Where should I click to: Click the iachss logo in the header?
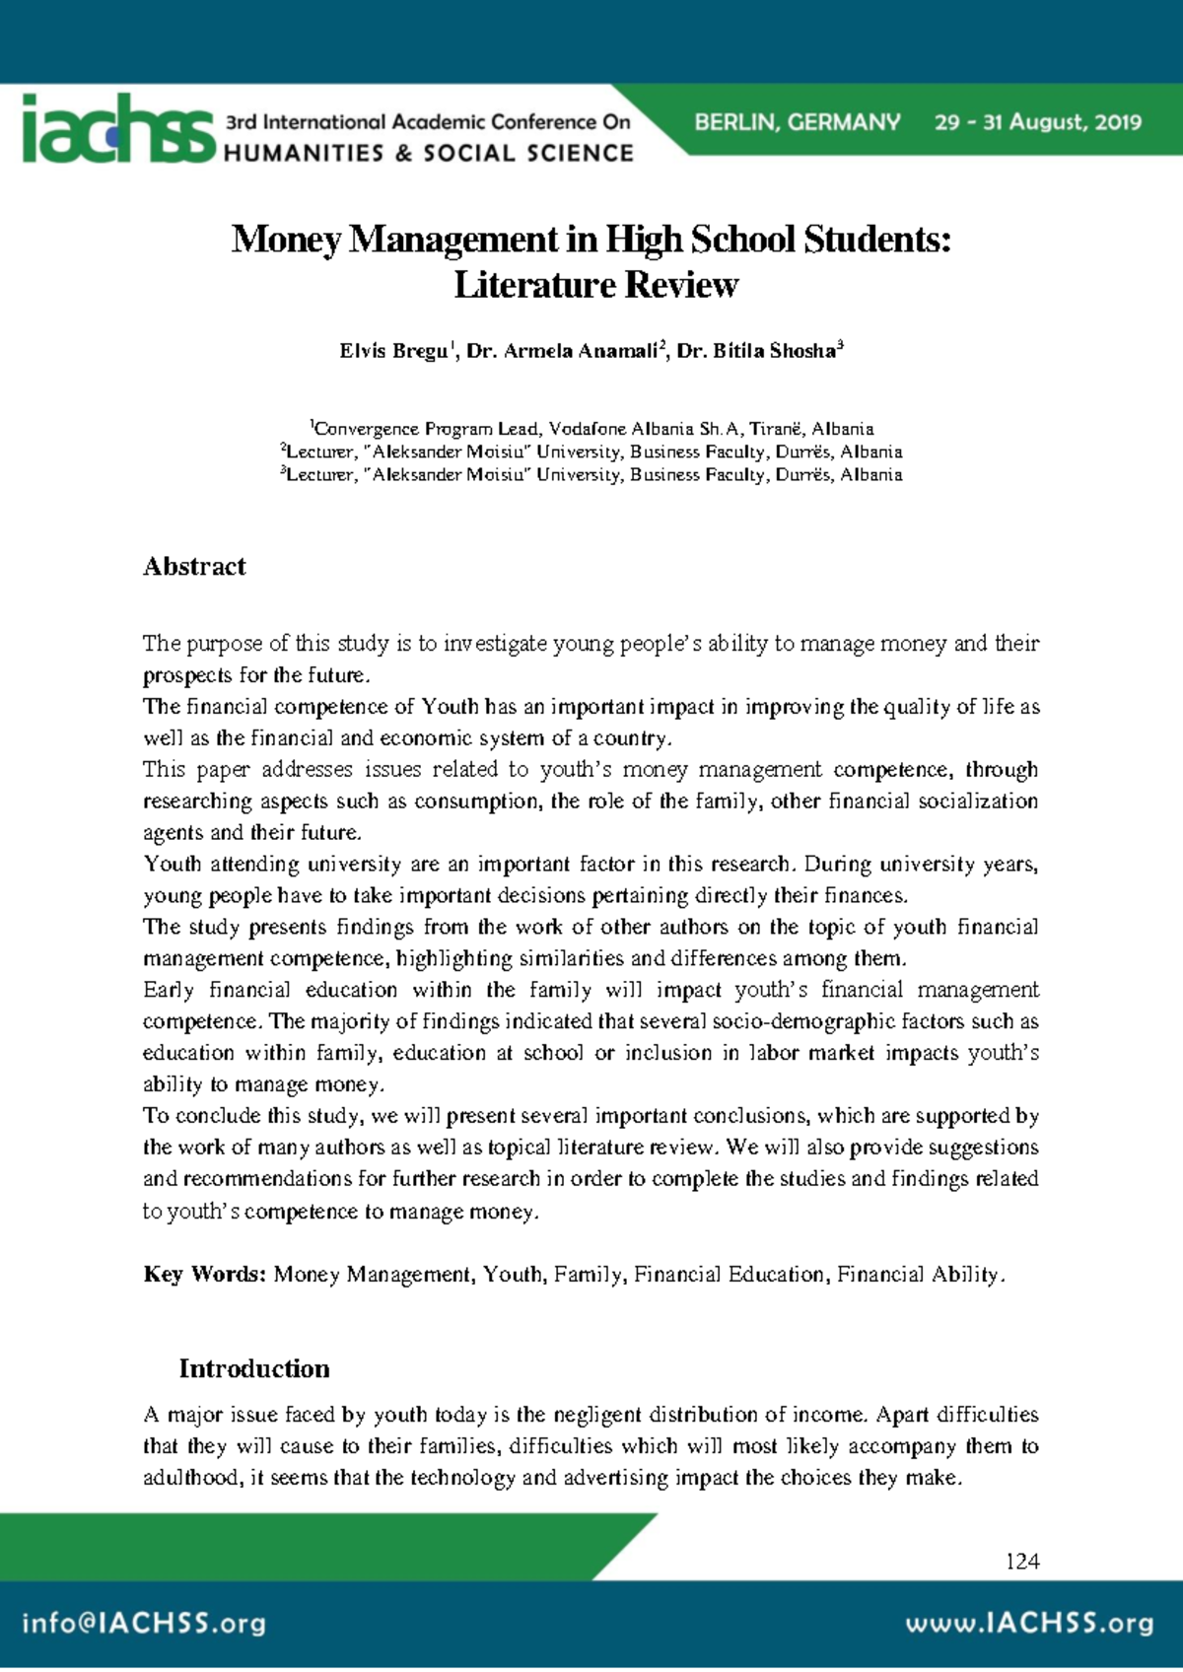click(117, 129)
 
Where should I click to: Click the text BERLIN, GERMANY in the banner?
click(797, 122)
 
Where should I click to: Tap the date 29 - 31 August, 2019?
click(1038, 122)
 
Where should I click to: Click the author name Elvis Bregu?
click(393, 351)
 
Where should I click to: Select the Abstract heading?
click(194, 567)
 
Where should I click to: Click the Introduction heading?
click(254, 1368)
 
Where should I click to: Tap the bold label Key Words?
click(204, 1274)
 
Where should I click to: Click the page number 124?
click(1022, 1561)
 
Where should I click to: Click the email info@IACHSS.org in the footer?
click(144, 1624)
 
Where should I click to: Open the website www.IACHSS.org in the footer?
click(1029, 1624)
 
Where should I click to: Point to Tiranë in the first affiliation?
click(776, 429)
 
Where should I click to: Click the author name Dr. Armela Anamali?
click(565, 351)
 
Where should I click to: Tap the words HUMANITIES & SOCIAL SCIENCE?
click(429, 153)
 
